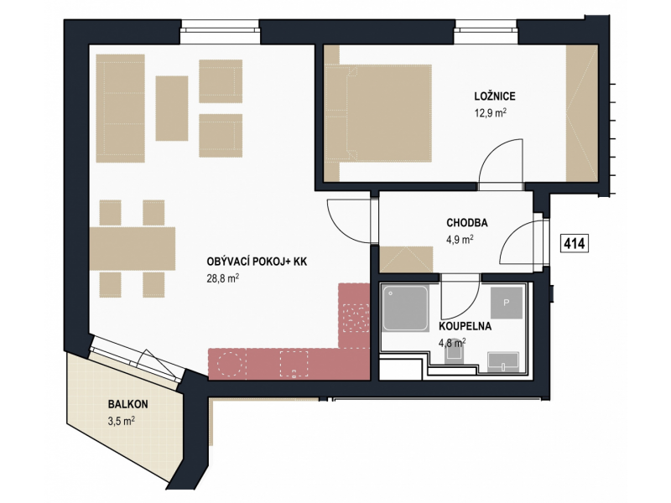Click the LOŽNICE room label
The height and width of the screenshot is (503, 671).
(494, 96)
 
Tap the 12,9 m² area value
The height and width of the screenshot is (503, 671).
(491, 112)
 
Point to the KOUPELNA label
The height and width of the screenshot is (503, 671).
(466, 326)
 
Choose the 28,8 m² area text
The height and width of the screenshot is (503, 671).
(222, 278)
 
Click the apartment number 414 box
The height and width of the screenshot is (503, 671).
(574, 243)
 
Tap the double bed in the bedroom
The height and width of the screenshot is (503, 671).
(378, 113)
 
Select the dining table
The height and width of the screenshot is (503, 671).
(133, 248)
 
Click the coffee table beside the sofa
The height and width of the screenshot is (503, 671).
(172, 108)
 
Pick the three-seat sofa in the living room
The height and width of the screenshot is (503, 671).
(120, 108)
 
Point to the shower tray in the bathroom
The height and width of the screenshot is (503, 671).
(405, 309)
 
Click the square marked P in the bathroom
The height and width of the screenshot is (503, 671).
(507, 303)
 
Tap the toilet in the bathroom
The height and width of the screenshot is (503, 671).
(454, 353)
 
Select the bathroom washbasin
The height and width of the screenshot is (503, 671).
(503, 360)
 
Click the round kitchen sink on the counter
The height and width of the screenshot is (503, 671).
(231, 364)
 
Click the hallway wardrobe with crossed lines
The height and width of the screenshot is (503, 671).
(406, 259)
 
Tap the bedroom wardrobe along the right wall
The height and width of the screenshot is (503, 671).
(581, 113)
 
